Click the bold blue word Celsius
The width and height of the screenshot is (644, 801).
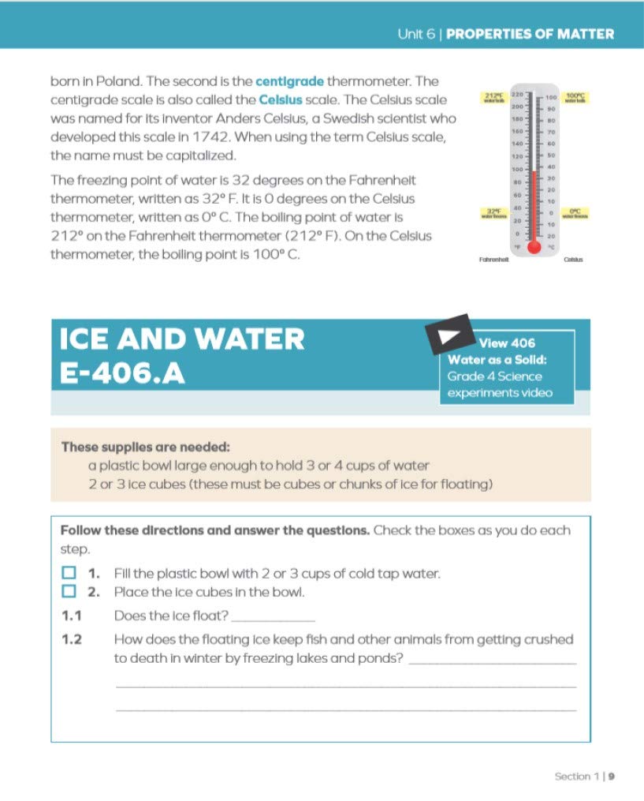(279, 100)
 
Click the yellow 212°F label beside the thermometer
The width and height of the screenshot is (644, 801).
(493, 98)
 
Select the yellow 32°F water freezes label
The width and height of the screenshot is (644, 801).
(493, 214)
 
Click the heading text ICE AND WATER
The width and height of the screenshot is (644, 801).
(182, 339)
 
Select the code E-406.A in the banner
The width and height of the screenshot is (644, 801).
(122, 374)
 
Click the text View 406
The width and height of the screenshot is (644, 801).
(507, 342)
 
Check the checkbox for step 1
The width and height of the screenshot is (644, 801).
(69, 571)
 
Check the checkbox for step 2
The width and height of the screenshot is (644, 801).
(69, 591)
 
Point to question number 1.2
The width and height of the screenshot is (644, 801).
(72, 640)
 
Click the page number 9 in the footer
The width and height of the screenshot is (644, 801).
(611, 777)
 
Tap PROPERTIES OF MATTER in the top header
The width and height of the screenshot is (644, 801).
(530, 35)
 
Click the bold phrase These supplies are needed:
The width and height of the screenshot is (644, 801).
(146, 447)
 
